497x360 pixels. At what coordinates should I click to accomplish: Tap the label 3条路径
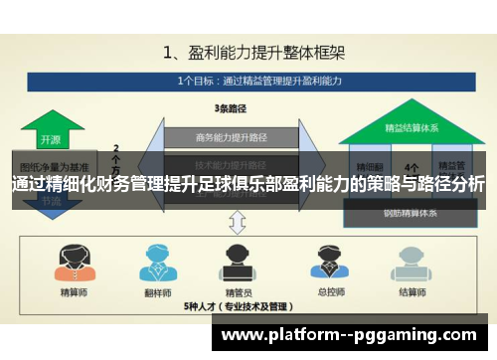231,106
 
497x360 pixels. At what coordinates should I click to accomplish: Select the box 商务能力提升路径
231,138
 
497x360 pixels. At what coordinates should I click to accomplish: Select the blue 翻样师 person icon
154,263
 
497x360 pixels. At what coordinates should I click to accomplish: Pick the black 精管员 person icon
238,263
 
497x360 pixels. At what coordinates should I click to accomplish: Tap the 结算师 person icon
407,263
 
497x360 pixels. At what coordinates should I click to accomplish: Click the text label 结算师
407,294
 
